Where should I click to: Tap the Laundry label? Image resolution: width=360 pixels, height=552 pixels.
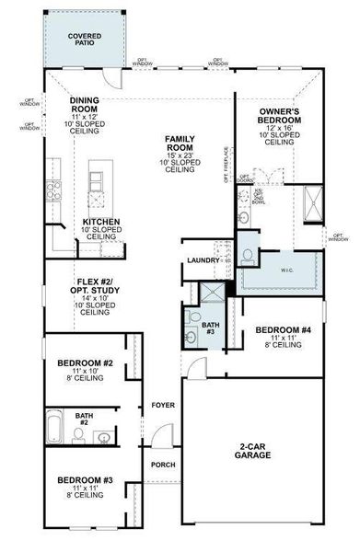point(203,260)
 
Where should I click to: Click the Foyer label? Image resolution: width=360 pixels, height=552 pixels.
point(162,403)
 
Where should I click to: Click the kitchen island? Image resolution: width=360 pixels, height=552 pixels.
point(96,184)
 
